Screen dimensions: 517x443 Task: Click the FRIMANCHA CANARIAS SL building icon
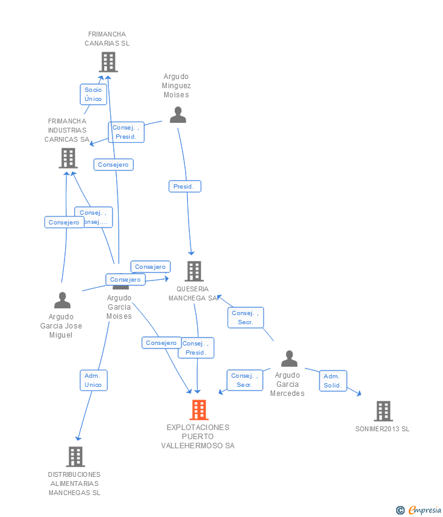coord(108,62)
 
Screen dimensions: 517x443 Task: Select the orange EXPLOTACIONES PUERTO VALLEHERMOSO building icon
coord(198,410)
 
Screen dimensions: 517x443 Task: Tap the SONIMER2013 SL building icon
coord(383,411)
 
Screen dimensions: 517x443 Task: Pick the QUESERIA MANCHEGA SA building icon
coord(194,271)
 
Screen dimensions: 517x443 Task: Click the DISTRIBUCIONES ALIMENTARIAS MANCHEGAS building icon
coord(75,456)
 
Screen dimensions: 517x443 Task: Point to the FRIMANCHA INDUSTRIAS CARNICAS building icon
coord(68,158)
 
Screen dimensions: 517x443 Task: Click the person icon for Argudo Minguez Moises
coord(178,114)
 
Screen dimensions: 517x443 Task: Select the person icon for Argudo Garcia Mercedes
coord(289,359)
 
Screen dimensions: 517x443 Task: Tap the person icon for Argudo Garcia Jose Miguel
coord(62,300)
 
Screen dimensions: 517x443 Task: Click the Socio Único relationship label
coord(93,94)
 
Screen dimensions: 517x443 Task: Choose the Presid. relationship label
coord(184,187)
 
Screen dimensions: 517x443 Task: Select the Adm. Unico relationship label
coord(93,380)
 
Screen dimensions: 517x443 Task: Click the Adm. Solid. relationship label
coord(333,381)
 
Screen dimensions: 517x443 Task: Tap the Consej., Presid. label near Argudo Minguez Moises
coord(127,132)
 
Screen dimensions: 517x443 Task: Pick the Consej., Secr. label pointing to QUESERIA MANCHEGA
coord(245,317)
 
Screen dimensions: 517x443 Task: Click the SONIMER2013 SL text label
coord(382,429)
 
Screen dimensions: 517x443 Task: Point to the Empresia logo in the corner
coord(425,510)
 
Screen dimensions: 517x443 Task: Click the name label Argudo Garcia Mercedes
coord(287,384)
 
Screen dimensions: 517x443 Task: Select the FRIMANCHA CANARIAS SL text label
coord(108,39)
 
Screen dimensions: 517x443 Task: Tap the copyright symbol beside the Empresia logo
coord(400,510)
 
